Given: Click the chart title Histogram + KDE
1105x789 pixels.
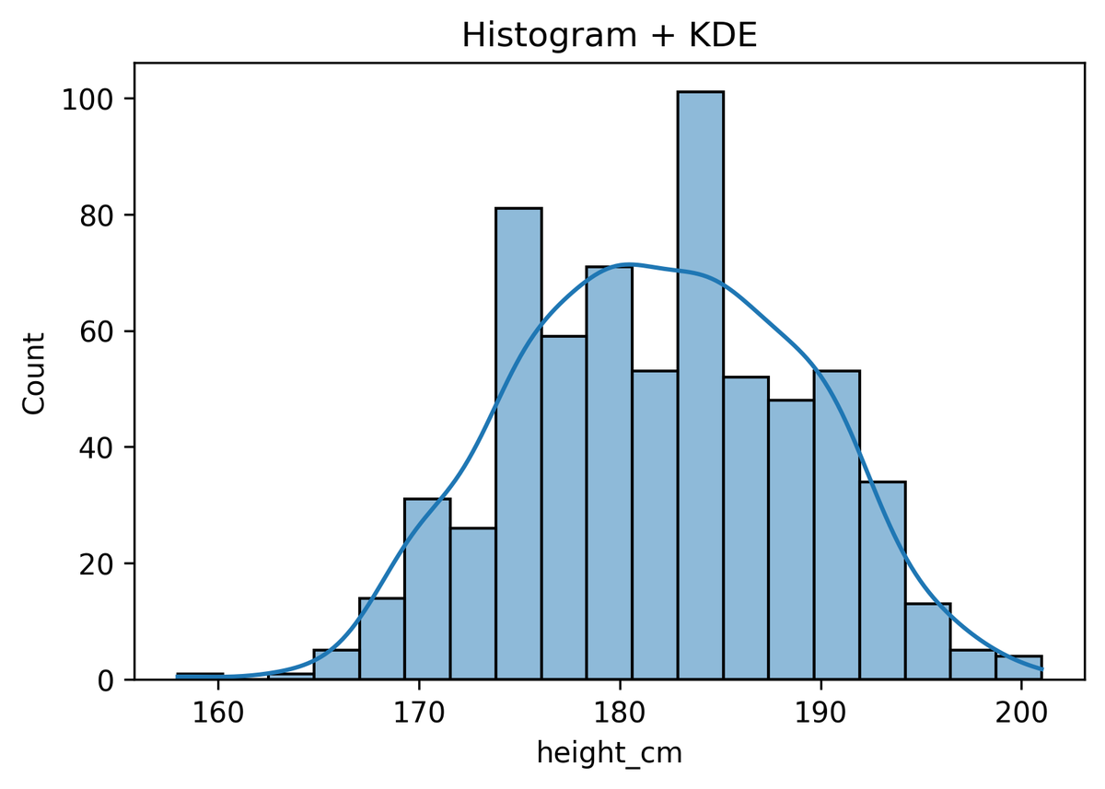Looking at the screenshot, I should [x=609, y=35].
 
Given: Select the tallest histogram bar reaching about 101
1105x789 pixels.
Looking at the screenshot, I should [x=700, y=387].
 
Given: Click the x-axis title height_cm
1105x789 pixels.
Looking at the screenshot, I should [x=609, y=753].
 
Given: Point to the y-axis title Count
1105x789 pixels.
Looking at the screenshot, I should [x=35, y=373].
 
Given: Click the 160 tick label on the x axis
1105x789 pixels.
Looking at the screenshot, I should [x=218, y=712].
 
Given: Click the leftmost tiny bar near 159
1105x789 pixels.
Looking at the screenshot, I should [x=200, y=677].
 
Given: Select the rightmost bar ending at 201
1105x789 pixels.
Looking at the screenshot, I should [x=1018, y=668].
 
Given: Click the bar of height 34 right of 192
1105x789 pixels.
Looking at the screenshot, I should [x=882, y=581].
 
